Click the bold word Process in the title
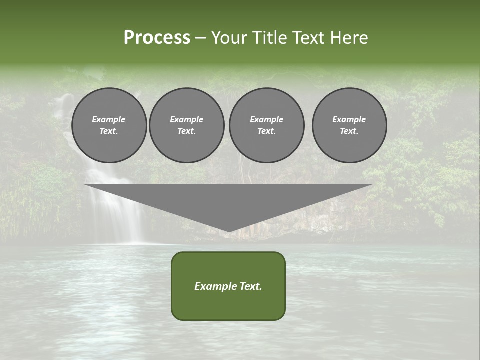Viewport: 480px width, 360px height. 157,38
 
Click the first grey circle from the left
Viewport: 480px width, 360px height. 109,125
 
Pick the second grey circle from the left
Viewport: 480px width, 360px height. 186,125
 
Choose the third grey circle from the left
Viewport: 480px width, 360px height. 266,125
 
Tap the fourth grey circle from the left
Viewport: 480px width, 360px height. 349,125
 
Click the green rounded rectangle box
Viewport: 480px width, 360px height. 228,286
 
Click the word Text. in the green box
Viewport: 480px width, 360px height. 251,286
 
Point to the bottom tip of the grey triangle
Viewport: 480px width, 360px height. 228,231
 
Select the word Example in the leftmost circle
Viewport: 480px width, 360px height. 109,119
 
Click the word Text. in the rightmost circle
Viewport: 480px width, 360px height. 349,131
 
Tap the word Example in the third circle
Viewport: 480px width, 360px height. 266,119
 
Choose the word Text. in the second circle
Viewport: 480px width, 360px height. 186,131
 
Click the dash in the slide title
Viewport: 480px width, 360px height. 200,38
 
